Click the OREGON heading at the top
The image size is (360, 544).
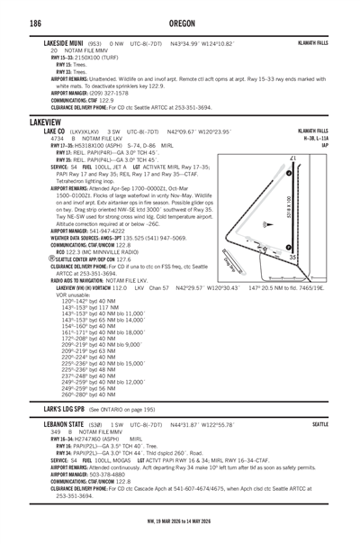point(180,23)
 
